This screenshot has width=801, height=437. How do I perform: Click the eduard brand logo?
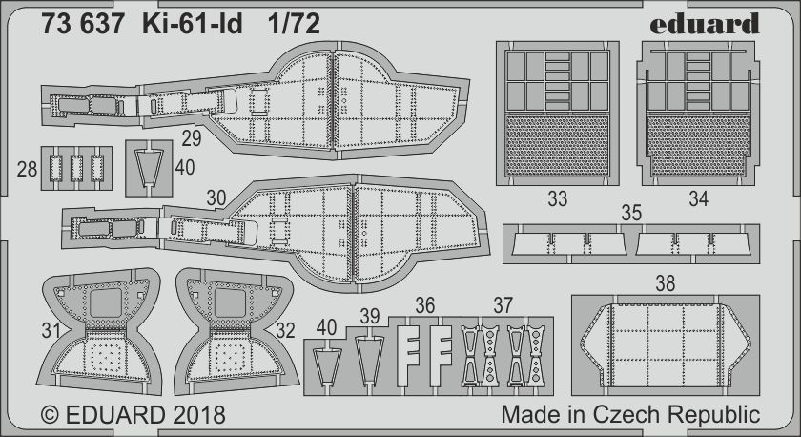[x=705, y=23]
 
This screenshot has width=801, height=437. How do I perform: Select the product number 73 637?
[x=83, y=24]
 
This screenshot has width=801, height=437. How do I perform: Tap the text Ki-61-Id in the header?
[x=192, y=24]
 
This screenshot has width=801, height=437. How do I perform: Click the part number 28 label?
[x=27, y=169]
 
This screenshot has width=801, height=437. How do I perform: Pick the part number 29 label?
[x=192, y=138]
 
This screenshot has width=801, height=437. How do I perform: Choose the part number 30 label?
[x=216, y=198]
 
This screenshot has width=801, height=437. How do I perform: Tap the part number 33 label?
[x=557, y=198]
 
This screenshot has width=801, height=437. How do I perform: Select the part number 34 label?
[x=698, y=198]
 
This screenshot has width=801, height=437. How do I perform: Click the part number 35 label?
[x=631, y=213]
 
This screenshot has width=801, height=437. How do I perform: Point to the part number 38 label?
[x=666, y=283]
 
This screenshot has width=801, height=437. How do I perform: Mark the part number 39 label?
[x=370, y=317]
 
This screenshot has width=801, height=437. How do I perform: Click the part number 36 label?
[x=425, y=305]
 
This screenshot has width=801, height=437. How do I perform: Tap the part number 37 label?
[x=503, y=305]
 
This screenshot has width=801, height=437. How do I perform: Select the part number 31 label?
[x=51, y=331]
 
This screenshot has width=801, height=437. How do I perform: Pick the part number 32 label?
[x=285, y=331]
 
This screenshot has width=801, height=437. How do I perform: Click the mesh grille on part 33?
[x=557, y=146]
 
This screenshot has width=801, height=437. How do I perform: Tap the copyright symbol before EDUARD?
[x=50, y=415]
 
